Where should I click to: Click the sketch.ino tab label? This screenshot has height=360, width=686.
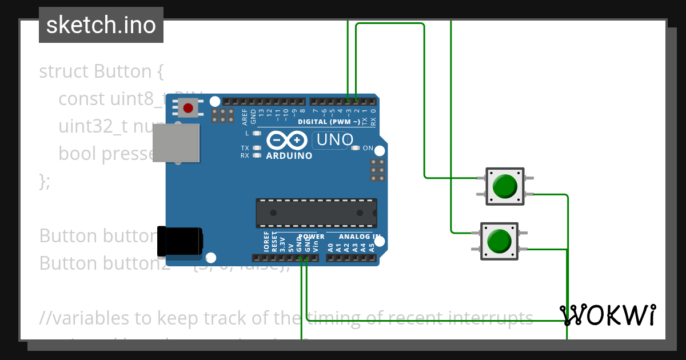[x=101, y=25]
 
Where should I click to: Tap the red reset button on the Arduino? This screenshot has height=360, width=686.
[x=188, y=107]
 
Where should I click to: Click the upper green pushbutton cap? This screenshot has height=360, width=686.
[x=505, y=186]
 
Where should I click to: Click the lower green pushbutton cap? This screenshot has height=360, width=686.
[x=499, y=241]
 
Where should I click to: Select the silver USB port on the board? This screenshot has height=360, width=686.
[x=177, y=143]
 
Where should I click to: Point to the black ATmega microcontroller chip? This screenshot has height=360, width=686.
[x=316, y=213]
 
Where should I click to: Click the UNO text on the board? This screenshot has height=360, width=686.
[x=334, y=139]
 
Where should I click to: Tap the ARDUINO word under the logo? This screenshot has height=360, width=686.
[x=289, y=155]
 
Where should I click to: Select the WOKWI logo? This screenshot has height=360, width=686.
[x=607, y=315]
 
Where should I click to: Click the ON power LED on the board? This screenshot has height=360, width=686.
[x=356, y=149]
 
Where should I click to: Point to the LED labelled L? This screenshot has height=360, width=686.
[x=257, y=133]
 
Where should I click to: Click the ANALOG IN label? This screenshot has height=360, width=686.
[x=360, y=237]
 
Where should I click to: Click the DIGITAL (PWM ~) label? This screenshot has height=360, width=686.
[x=329, y=122]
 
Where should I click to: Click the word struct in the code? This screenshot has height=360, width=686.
[x=64, y=72]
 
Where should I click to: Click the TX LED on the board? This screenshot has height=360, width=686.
[x=257, y=148]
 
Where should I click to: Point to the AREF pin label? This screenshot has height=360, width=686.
[x=245, y=117]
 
